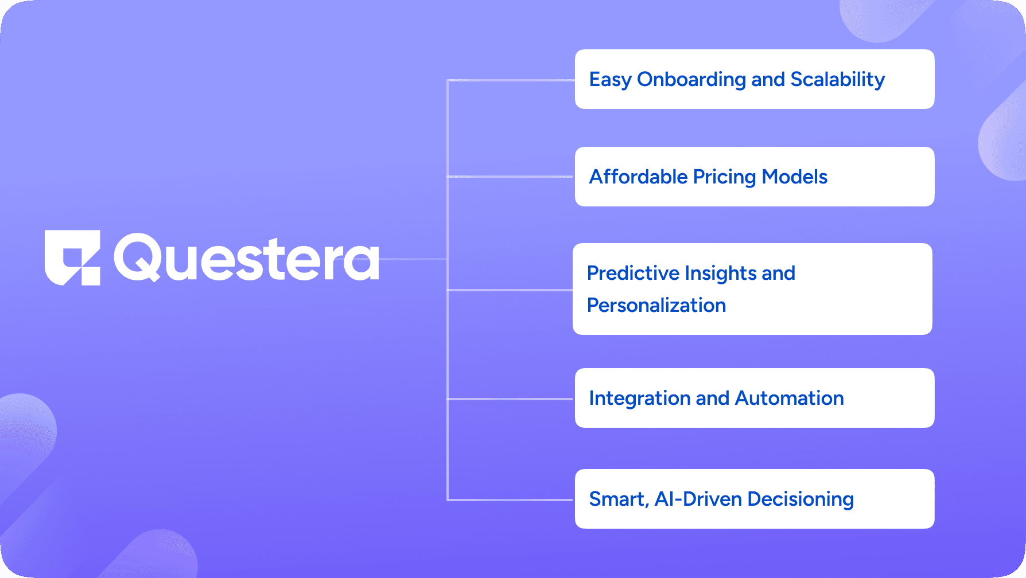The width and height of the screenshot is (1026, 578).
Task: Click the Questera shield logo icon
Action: pos(72,257)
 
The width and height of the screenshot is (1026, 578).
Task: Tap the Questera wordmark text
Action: pos(246,258)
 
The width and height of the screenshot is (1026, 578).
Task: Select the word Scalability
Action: pos(838,80)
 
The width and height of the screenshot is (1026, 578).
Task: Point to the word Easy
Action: pos(611,80)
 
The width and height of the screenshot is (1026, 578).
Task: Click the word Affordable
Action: pos(639,177)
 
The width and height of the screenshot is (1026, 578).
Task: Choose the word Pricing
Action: pos(725,177)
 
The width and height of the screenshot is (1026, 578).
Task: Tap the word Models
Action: pos(795,177)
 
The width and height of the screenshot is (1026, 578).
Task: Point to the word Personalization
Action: pos(656,305)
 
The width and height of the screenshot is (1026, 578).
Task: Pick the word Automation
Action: pos(790,398)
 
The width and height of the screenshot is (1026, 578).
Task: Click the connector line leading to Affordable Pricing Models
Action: pos(510,177)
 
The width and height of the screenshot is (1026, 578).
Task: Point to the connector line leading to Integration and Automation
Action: pos(510,399)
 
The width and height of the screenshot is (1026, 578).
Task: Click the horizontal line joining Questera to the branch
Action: pos(413,259)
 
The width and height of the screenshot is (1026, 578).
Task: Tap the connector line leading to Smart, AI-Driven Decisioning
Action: pos(510,500)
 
